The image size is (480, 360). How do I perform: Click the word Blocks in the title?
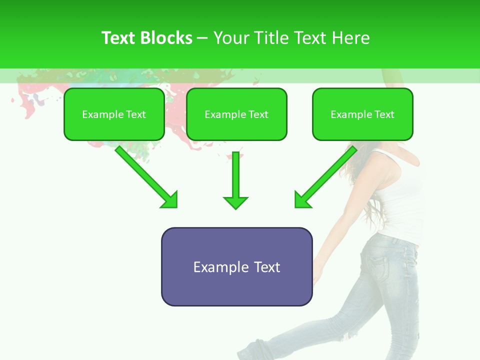pyautogui.click(x=166, y=38)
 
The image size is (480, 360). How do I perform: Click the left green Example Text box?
pyautogui.click(x=114, y=114)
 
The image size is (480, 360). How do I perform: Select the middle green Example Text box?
pyautogui.click(x=236, y=114)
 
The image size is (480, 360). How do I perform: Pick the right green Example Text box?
pyautogui.click(x=362, y=114)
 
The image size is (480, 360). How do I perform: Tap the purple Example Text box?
pyautogui.click(x=236, y=267)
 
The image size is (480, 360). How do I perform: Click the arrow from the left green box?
pyautogui.click(x=145, y=175)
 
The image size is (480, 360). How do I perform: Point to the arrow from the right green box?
pyautogui.click(x=327, y=175)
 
